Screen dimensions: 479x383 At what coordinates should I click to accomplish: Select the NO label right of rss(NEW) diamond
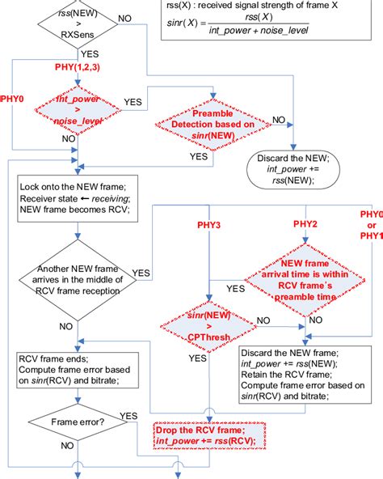click(125, 17)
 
